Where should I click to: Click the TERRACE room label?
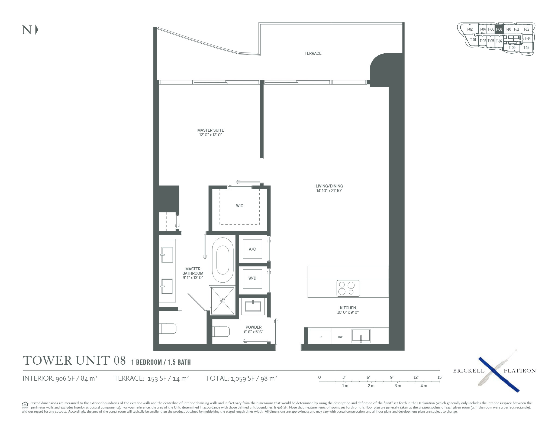tap(313, 53)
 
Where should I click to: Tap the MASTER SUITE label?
tap(211, 130)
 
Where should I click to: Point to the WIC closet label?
tap(240, 206)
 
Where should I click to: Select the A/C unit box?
tap(252, 249)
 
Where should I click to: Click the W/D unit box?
tap(252, 278)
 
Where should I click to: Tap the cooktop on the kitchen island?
tap(348, 288)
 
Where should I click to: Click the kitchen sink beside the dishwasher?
tap(361, 336)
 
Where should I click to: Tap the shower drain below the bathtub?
tap(223, 301)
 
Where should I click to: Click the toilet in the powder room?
tap(221, 331)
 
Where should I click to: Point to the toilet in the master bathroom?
tap(167, 329)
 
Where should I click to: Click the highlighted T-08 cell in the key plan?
tap(499, 29)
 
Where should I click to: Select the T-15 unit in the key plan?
tap(526, 48)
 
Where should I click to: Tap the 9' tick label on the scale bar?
tap(392, 377)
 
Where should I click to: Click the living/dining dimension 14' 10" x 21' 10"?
tap(329, 191)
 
